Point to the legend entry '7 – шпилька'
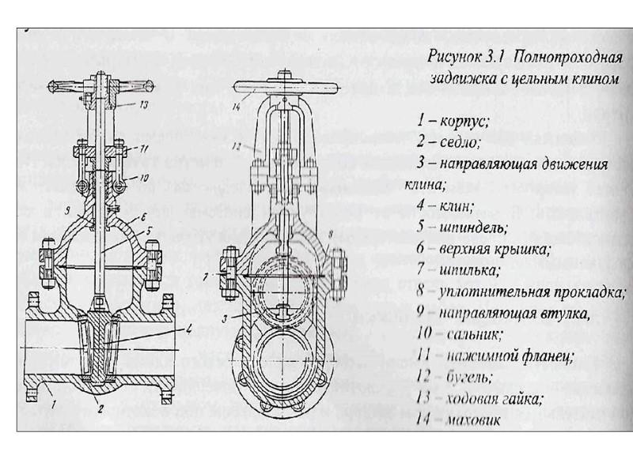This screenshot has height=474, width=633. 459,270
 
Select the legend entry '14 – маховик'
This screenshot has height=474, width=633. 459,420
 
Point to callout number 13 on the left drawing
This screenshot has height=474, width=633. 143,103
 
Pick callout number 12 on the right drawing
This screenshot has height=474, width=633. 237,147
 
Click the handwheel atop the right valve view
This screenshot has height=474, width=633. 281,86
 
